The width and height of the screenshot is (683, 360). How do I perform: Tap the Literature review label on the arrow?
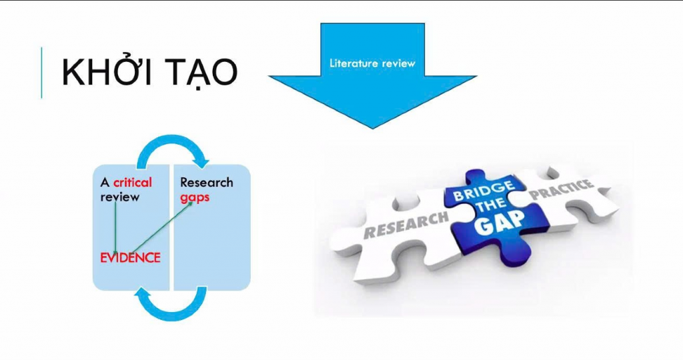(x=372, y=63)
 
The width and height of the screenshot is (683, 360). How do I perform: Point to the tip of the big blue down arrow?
(x=373, y=129)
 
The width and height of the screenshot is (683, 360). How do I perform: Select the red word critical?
(x=133, y=182)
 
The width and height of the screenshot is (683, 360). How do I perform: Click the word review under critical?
(x=120, y=197)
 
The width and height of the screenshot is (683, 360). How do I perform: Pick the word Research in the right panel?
(x=207, y=182)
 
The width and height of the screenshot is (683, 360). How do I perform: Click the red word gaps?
(x=195, y=197)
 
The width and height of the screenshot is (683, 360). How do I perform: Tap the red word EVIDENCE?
(x=130, y=258)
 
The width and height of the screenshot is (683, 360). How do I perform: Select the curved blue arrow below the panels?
(x=171, y=314)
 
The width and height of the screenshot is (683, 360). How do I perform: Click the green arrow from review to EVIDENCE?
(x=115, y=227)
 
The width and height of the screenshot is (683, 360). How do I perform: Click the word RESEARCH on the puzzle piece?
(x=406, y=225)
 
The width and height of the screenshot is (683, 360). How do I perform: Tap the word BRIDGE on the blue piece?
(x=484, y=191)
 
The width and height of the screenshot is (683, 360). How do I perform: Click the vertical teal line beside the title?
(x=42, y=72)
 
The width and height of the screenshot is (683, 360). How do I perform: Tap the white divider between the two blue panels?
(x=171, y=227)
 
